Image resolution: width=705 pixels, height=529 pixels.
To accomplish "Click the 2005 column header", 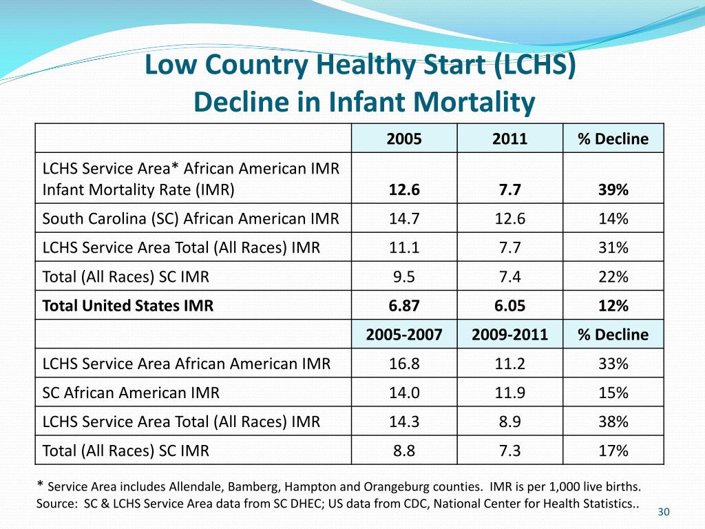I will tap(404, 139).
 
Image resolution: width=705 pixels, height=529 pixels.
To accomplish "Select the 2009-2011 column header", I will tap(509, 335).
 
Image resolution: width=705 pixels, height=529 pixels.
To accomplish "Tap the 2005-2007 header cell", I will tap(404, 335).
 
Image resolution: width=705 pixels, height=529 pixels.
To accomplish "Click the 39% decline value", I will tap(613, 190).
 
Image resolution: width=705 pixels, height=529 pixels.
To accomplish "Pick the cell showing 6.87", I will tap(404, 306).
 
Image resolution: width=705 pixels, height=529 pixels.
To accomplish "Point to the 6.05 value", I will tap(509, 306).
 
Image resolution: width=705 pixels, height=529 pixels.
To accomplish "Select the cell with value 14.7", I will tap(404, 219).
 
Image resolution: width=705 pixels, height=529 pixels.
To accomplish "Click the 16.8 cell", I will tap(404, 364).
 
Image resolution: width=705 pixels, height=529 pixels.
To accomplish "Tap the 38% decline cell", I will tap(613, 422).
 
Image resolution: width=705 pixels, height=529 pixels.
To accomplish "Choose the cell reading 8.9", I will tap(509, 422).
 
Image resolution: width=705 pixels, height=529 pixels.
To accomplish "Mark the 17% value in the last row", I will tap(613, 451).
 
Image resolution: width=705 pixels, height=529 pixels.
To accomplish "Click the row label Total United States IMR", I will tap(128, 306).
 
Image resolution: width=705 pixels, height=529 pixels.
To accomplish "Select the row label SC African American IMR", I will tap(131, 393).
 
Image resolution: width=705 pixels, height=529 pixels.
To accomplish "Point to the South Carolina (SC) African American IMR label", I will tap(191, 219).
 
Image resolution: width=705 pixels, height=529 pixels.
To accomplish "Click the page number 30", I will tap(664, 512).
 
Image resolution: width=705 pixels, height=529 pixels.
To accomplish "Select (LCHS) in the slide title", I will tap(534, 65).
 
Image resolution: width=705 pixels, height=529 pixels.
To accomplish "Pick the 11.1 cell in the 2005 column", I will tap(404, 248).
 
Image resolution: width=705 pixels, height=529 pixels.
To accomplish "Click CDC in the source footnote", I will tap(435, 504).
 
